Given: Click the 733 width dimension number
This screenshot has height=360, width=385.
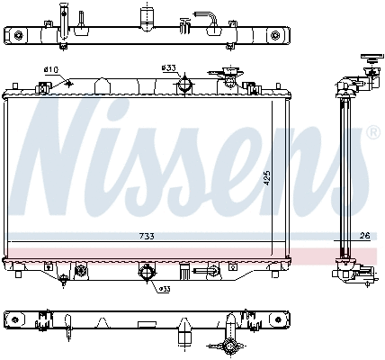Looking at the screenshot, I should (x=146, y=237).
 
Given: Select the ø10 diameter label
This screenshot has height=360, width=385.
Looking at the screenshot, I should (x=50, y=70).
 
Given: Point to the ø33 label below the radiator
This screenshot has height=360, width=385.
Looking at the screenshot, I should (x=165, y=289).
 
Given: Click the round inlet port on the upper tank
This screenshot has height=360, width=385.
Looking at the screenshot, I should (x=185, y=85).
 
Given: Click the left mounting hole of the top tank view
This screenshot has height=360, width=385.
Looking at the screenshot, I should (x=17, y=35).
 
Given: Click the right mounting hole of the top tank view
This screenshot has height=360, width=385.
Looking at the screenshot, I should (x=274, y=35).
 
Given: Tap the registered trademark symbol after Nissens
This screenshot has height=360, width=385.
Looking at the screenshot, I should (x=372, y=132).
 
